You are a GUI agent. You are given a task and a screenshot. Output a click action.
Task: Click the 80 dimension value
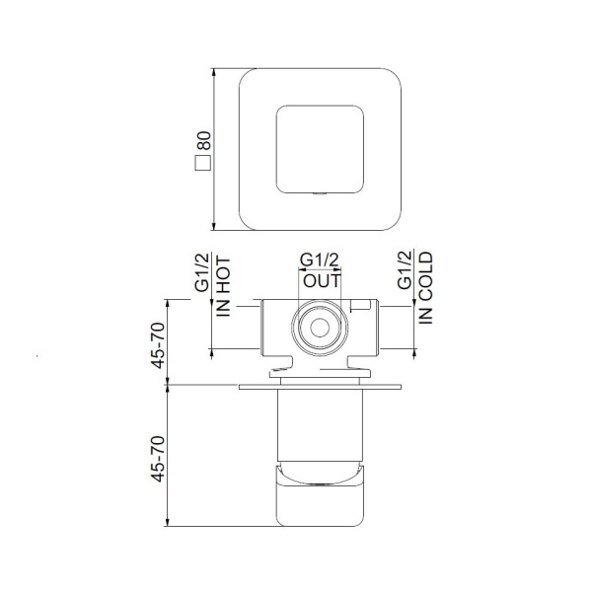click(x=203, y=141)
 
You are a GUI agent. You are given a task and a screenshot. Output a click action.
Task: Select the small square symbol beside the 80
click(x=202, y=163)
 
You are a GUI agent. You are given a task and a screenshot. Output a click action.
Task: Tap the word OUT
click(x=322, y=280)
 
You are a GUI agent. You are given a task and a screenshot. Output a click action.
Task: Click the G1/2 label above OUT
click(x=320, y=260)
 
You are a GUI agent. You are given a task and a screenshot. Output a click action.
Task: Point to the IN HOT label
click(x=223, y=287)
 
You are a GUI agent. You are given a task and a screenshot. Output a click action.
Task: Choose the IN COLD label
click(x=425, y=288)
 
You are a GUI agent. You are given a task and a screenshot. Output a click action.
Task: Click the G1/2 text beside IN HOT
click(x=202, y=272)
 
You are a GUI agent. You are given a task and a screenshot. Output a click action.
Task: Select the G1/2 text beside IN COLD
click(x=405, y=270)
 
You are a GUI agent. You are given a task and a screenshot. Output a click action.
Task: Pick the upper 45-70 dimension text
click(x=158, y=345)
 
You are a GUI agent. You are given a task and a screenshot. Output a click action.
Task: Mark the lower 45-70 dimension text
click(x=158, y=459)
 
